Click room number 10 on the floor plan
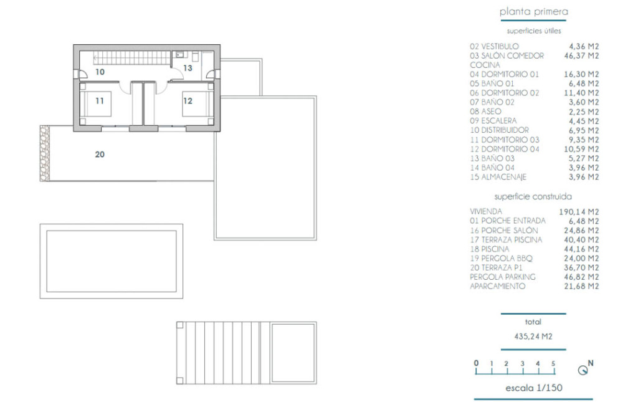100,72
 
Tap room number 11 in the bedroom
100,100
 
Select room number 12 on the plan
188,100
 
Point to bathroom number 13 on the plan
188,68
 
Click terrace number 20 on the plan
100,154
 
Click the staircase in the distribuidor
132,58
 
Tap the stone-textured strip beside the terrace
45,153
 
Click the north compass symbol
585,368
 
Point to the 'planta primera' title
533,12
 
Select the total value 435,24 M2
533,337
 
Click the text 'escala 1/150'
533,388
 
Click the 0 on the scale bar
476,363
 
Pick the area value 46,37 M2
581,55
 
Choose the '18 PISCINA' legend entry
490,249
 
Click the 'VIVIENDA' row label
486,211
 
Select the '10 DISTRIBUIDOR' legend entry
499,130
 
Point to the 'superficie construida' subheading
533,196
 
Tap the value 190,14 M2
579,211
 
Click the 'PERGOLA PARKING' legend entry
503,277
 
